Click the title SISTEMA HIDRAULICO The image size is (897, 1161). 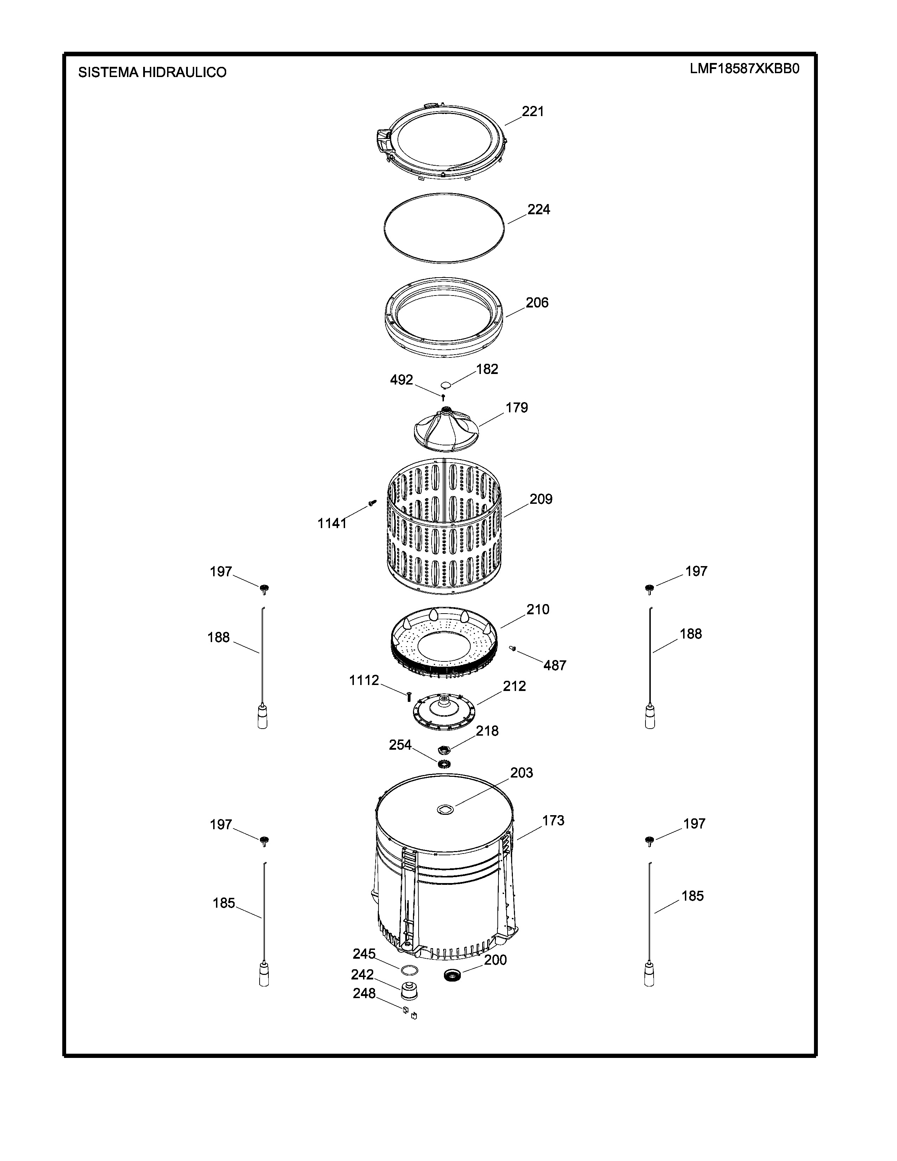153,72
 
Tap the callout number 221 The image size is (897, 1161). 533,111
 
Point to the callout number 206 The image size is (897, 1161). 537,303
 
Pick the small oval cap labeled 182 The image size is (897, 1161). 446,384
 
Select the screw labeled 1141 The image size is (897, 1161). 372,501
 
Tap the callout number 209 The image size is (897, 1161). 541,499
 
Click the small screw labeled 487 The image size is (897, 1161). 513,648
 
